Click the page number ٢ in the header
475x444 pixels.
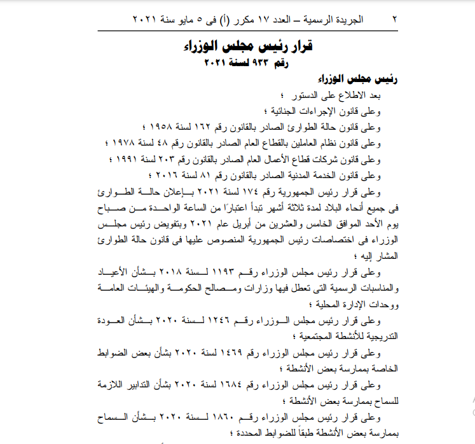pyautogui.click(x=394, y=20)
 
